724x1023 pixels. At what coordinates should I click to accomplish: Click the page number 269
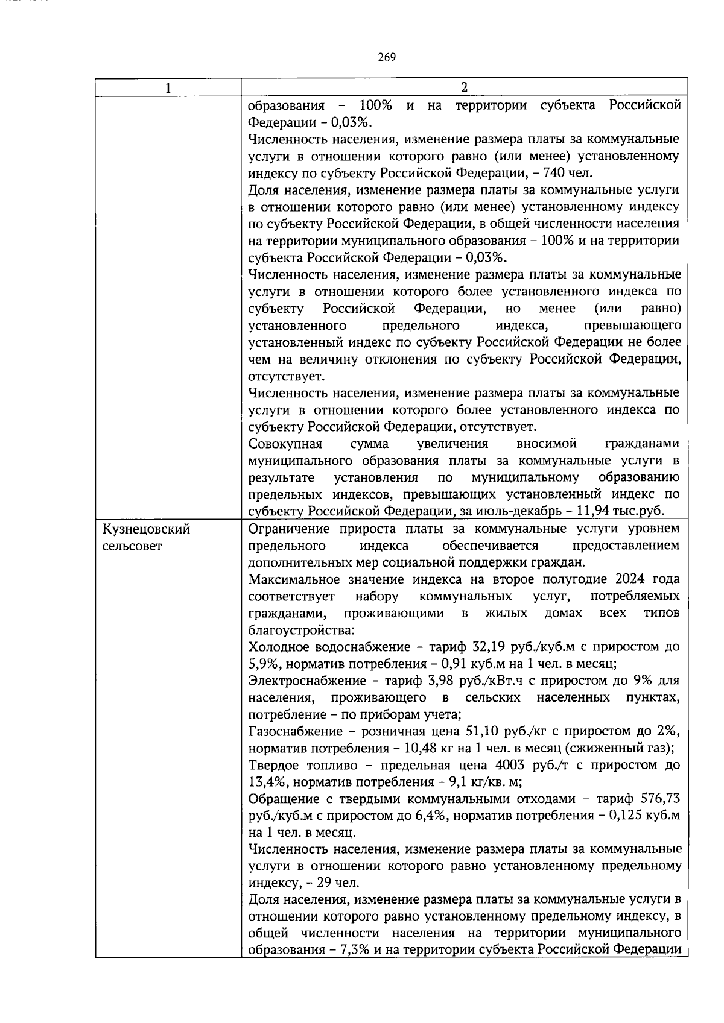click(x=387, y=57)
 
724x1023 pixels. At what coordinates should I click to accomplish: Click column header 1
click(x=168, y=87)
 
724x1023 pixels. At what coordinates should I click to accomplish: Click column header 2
click(x=464, y=87)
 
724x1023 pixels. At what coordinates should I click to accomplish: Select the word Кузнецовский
click(x=146, y=529)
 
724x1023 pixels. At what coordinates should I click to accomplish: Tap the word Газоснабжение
click(x=296, y=731)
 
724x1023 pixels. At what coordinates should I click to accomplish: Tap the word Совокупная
click(x=285, y=444)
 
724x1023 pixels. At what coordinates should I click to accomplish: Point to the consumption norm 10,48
click(x=420, y=748)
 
